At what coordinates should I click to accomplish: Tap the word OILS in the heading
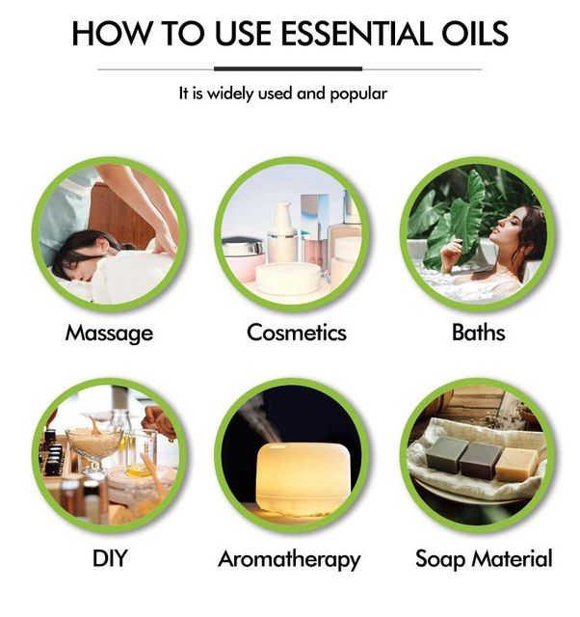pyautogui.click(x=475, y=33)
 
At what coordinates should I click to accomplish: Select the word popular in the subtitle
pyautogui.click(x=358, y=94)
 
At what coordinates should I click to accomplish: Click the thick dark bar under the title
pyautogui.click(x=288, y=68)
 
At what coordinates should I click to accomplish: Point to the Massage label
pyautogui.click(x=109, y=334)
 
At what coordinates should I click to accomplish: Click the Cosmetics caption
pyautogui.click(x=297, y=333)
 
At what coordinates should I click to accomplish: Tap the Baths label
pyautogui.click(x=478, y=333)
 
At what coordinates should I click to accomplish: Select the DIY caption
pyautogui.click(x=110, y=558)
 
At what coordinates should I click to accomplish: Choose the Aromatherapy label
pyautogui.click(x=289, y=559)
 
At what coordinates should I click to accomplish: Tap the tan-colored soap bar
pyautogui.click(x=516, y=465)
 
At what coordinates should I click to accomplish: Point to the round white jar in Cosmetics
pyautogui.click(x=288, y=279)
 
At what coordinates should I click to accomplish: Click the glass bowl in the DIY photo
pyautogui.click(x=94, y=446)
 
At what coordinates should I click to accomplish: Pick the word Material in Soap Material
pyautogui.click(x=512, y=558)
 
